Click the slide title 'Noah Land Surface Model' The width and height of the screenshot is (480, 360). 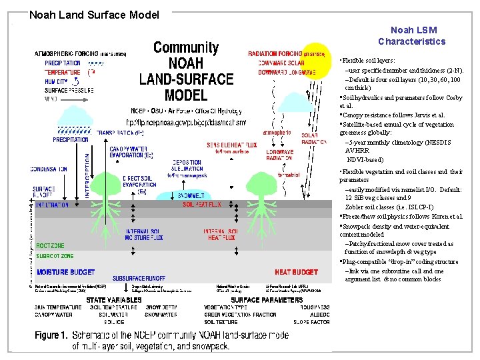pyautogui.click(x=94, y=15)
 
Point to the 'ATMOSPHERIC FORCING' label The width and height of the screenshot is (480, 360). pyautogui.click(x=67, y=53)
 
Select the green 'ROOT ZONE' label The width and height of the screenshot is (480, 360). pyautogui.click(x=51, y=246)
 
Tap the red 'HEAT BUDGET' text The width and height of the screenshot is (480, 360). pyautogui.click(x=296, y=272)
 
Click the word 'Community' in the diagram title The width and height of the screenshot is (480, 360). pyautogui.click(x=186, y=47)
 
